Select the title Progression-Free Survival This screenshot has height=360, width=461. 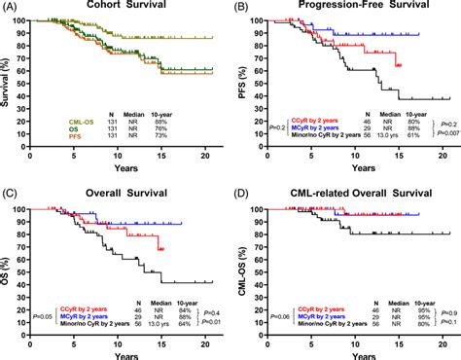[x=347, y=9]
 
